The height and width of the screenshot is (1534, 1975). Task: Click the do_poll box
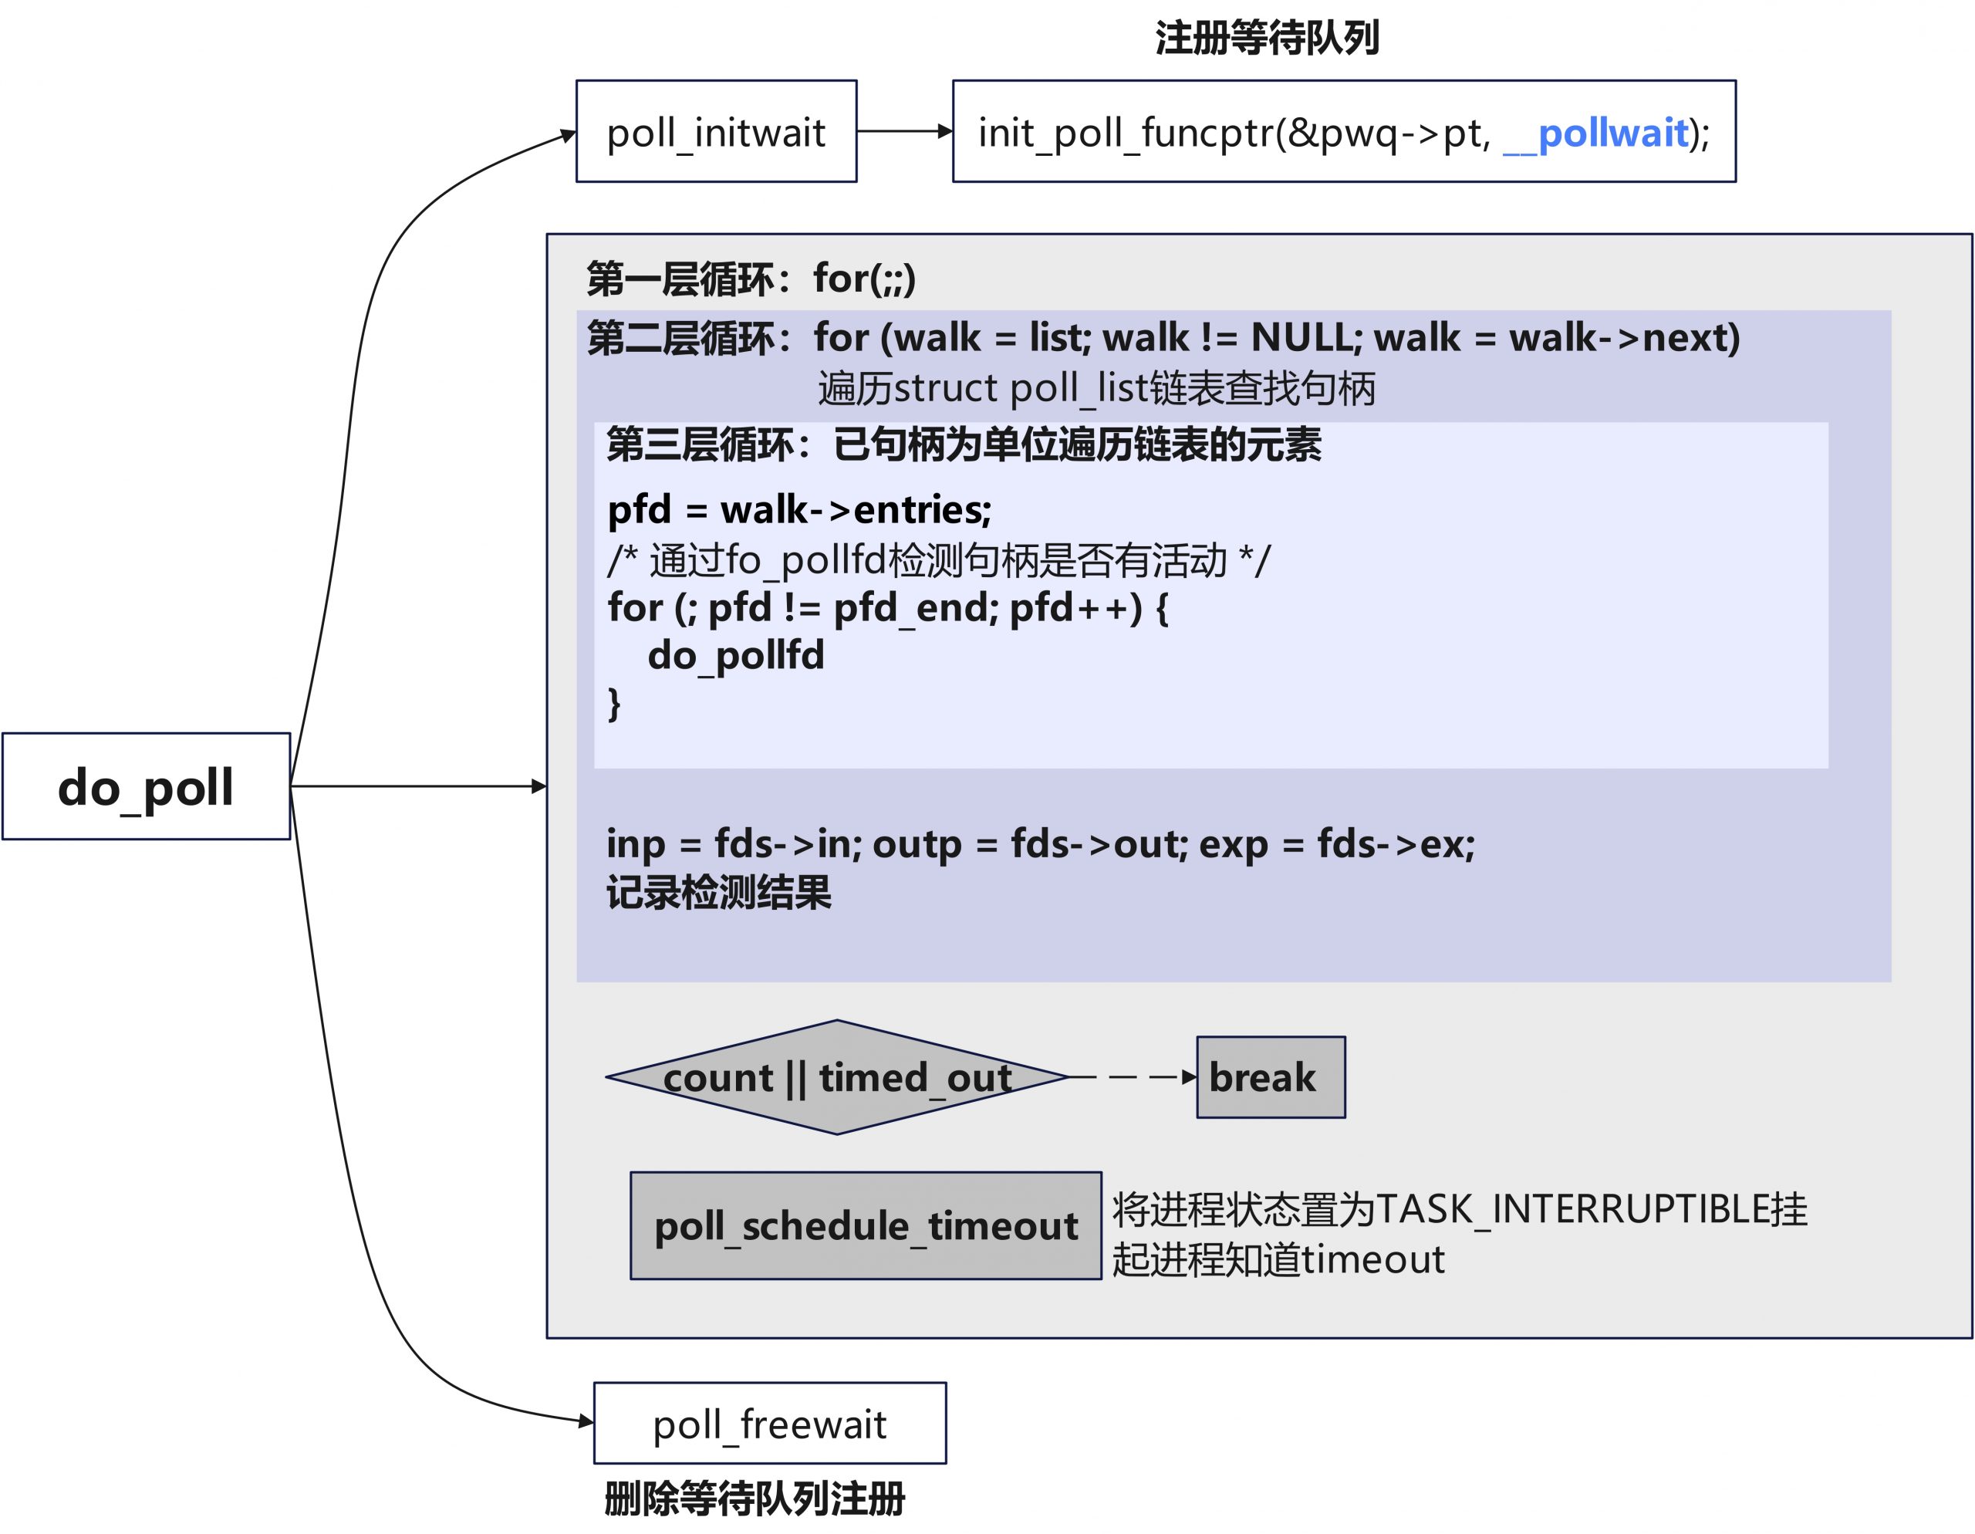[x=146, y=787]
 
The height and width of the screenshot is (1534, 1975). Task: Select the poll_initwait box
[x=716, y=132]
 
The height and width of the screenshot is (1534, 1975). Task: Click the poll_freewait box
[x=770, y=1424]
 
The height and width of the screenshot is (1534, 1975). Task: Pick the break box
[x=1270, y=1077]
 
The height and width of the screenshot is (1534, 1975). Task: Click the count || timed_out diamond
[x=836, y=1077]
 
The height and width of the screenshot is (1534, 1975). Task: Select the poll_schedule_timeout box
[x=866, y=1225]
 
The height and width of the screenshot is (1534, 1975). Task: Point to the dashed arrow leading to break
[x=1130, y=1077]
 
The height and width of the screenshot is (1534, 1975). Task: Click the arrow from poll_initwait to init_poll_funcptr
[x=903, y=131]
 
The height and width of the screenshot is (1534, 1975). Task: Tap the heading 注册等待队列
[x=1267, y=38]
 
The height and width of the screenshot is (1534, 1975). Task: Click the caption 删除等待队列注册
[x=755, y=1499]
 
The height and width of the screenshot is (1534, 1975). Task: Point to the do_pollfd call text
[x=736, y=655]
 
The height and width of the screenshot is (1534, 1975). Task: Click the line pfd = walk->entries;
[x=799, y=510]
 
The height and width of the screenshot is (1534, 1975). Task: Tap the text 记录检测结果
[x=719, y=893]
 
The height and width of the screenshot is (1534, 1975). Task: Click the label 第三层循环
[x=700, y=445]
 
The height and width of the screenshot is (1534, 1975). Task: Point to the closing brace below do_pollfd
[x=615, y=703]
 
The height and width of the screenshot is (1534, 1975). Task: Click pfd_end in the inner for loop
[x=914, y=608]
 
